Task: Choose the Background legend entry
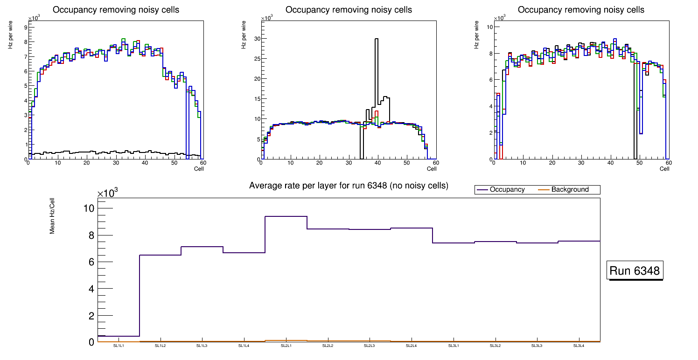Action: (x=570, y=190)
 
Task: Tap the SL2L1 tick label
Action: (x=286, y=346)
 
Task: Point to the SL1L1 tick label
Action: (x=119, y=346)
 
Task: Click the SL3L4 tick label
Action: (x=579, y=346)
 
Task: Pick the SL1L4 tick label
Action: (x=244, y=346)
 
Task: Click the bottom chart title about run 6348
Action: (x=349, y=186)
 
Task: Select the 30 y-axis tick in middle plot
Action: (x=256, y=39)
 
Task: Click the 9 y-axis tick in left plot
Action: (x=25, y=27)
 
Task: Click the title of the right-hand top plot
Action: (x=581, y=10)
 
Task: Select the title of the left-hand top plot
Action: (x=116, y=10)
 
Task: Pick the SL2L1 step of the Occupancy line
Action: (x=286, y=216)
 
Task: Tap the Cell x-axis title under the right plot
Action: (x=664, y=169)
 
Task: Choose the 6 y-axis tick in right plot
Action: (x=490, y=80)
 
